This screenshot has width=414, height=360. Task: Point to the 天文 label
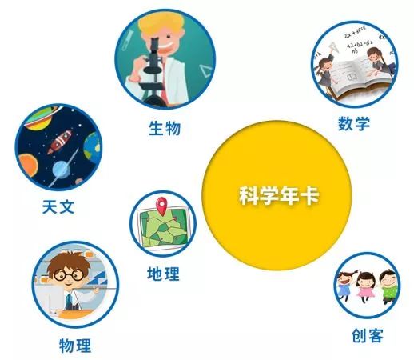pyautogui.click(x=58, y=206)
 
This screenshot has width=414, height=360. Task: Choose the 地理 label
pyautogui.click(x=163, y=274)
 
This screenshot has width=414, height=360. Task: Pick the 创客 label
pyautogui.click(x=367, y=335)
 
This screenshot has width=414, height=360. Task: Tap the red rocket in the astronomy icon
pyautogui.click(x=60, y=144)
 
